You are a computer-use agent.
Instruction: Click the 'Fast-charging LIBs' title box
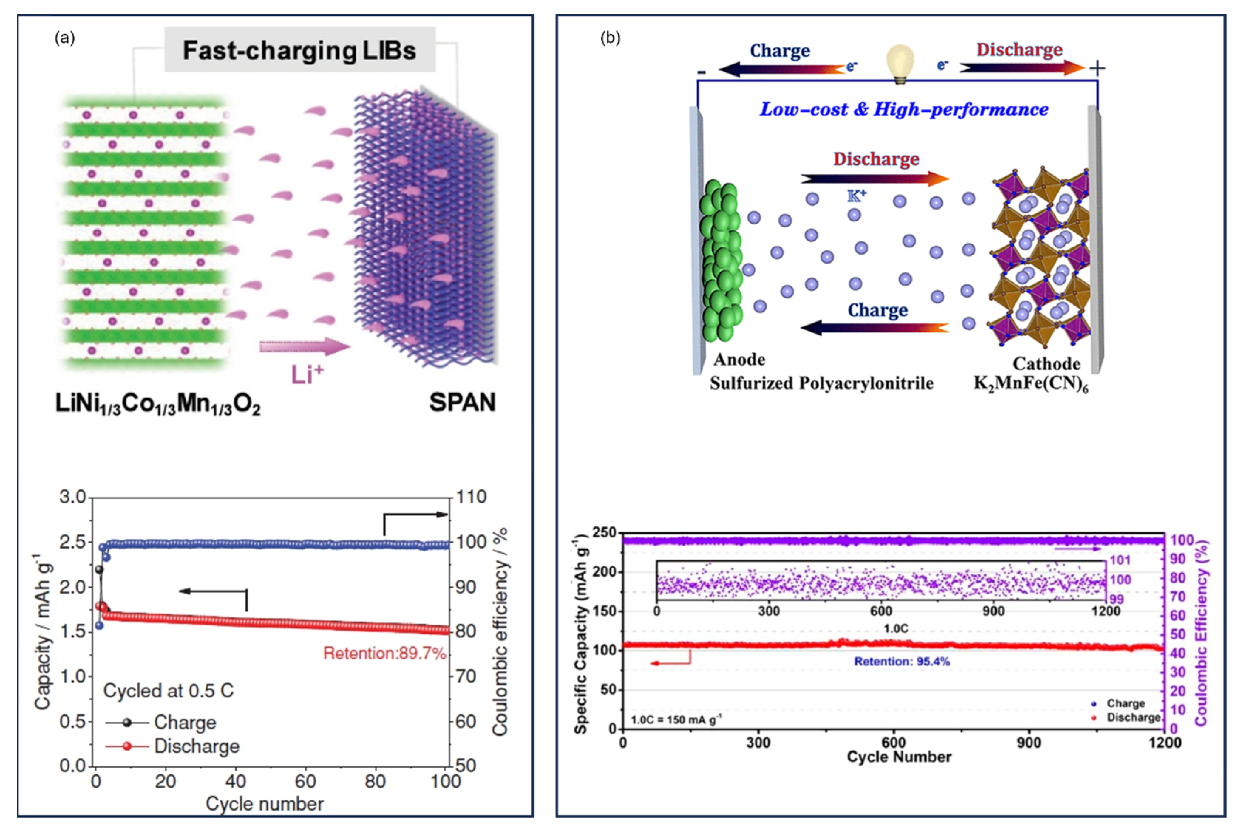299,50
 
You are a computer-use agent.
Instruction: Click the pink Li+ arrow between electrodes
305,347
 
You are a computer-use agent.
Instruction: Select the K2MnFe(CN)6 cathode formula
1031,383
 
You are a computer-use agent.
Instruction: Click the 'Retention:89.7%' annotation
384,654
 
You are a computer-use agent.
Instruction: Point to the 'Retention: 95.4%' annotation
902,661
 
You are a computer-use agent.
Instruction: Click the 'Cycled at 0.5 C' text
168,691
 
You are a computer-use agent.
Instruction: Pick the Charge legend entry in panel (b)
1125,703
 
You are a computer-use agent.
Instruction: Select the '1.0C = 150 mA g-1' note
676,720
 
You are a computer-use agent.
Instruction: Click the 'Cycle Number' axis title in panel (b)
899,757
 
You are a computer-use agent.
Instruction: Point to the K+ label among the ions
857,196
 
